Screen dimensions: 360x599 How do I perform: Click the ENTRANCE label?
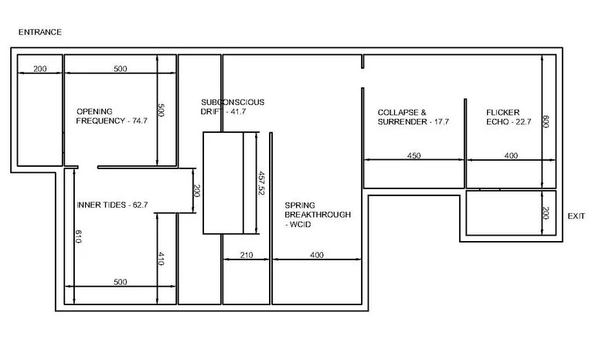point(39,32)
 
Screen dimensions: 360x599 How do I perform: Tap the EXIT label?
point(577,216)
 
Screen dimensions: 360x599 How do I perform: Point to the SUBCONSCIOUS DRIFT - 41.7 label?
point(233,107)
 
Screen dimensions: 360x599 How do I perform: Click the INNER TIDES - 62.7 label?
point(112,205)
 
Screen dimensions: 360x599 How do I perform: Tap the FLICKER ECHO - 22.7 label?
point(509,117)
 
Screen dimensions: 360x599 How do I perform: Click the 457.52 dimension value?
point(261,183)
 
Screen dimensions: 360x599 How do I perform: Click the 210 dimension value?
point(247,254)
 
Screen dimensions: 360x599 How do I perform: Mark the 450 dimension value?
point(414,156)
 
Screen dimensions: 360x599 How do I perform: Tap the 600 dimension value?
point(545,121)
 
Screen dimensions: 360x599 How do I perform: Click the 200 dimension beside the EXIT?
point(545,212)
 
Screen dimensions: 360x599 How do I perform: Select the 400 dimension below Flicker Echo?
point(511,156)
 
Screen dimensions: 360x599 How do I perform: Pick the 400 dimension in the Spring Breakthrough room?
point(317,254)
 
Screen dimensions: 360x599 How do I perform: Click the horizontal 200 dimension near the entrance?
point(40,69)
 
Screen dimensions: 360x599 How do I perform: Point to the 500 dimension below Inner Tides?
point(120,282)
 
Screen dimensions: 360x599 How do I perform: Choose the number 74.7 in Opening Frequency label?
point(139,121)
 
